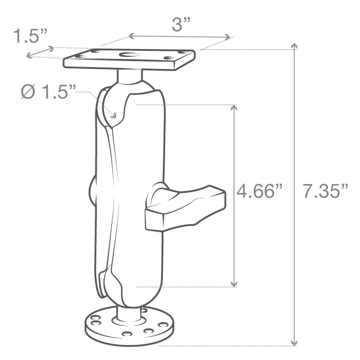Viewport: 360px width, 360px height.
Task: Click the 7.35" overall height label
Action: coord(325,192)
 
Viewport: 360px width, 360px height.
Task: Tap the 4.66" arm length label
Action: coord(261,192)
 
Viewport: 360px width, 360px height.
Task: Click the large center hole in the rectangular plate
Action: coord(130,56)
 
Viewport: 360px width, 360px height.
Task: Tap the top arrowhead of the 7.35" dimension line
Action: coord(295,47)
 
